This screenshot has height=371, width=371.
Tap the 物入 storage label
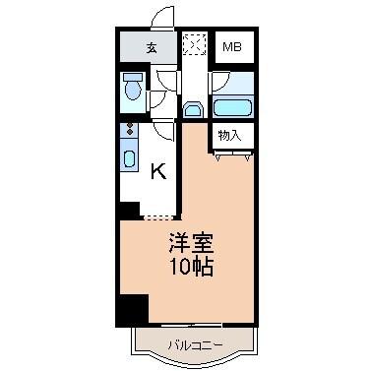pos(229,135)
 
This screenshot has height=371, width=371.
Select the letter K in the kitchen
pos(157,172)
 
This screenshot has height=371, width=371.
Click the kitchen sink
pos(131,156)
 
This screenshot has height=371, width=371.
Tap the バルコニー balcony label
pos(193,344)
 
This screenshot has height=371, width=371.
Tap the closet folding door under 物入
pos(232,152)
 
